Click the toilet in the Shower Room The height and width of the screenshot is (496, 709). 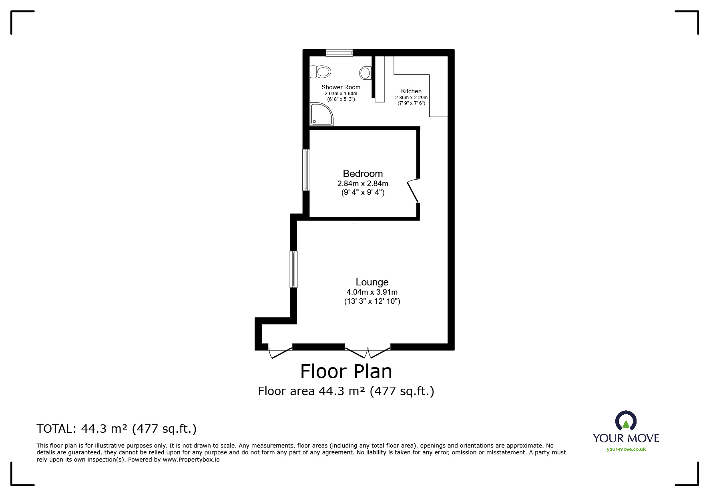[321, 72]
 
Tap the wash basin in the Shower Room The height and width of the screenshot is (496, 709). [365, 73]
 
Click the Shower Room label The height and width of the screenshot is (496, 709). [341, 87]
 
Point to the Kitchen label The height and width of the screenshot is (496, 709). [411, 91]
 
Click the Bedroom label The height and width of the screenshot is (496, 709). [363, 174]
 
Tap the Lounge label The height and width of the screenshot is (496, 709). [372, 282]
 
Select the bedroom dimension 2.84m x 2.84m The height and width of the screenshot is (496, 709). [363, 184]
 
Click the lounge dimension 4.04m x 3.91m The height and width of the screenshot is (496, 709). [372, 292]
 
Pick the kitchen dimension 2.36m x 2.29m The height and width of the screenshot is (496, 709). [411, 98]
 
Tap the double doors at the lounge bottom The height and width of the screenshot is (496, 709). [368, 353]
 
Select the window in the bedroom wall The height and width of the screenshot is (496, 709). [306, 170]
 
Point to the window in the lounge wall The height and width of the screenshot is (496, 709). [294, 269]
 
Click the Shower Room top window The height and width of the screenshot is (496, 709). [339, 52]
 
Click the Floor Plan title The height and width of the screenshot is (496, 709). [346, 371]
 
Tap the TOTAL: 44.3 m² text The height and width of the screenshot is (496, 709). [116, 429]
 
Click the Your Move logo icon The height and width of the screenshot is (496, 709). [626, 421]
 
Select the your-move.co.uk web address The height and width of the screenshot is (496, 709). [626, 449]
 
